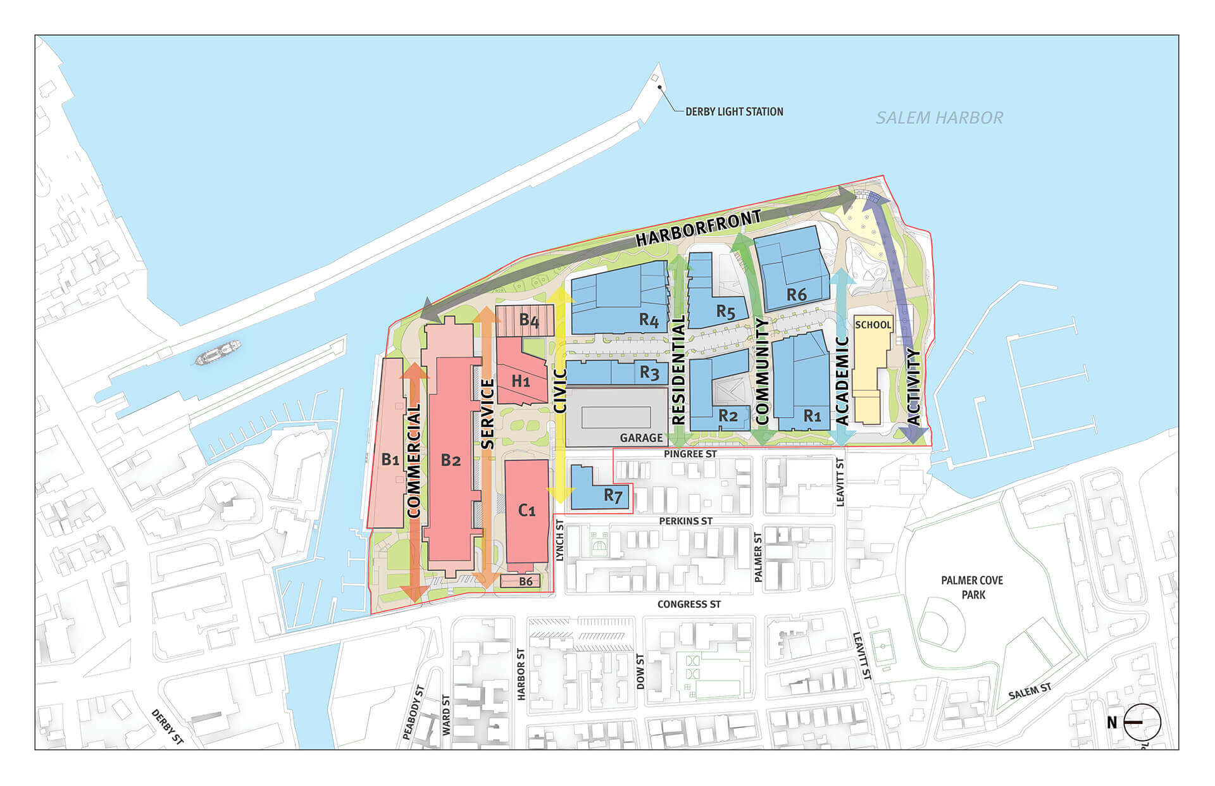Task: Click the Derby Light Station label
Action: coord(734,112)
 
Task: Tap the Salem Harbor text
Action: coord(939,118)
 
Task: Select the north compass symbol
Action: coord(1142,722)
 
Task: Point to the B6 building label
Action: coord(525,582)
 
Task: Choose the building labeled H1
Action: coord(521,380)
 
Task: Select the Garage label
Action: coord(641,438)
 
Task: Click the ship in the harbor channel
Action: coord(218,353)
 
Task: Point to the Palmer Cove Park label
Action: coord(972,587)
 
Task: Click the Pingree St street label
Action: coord(690,454)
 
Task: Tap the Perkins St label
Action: coord(685,521)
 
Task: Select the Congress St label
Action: coord(688,604)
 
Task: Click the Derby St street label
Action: coord(167,727)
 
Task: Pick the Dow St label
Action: coord(640,671)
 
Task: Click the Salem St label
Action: coord(1030,691)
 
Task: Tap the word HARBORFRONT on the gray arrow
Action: coord(698,228)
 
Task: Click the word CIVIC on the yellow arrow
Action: coord(559,391)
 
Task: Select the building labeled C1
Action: coord(526,510)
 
